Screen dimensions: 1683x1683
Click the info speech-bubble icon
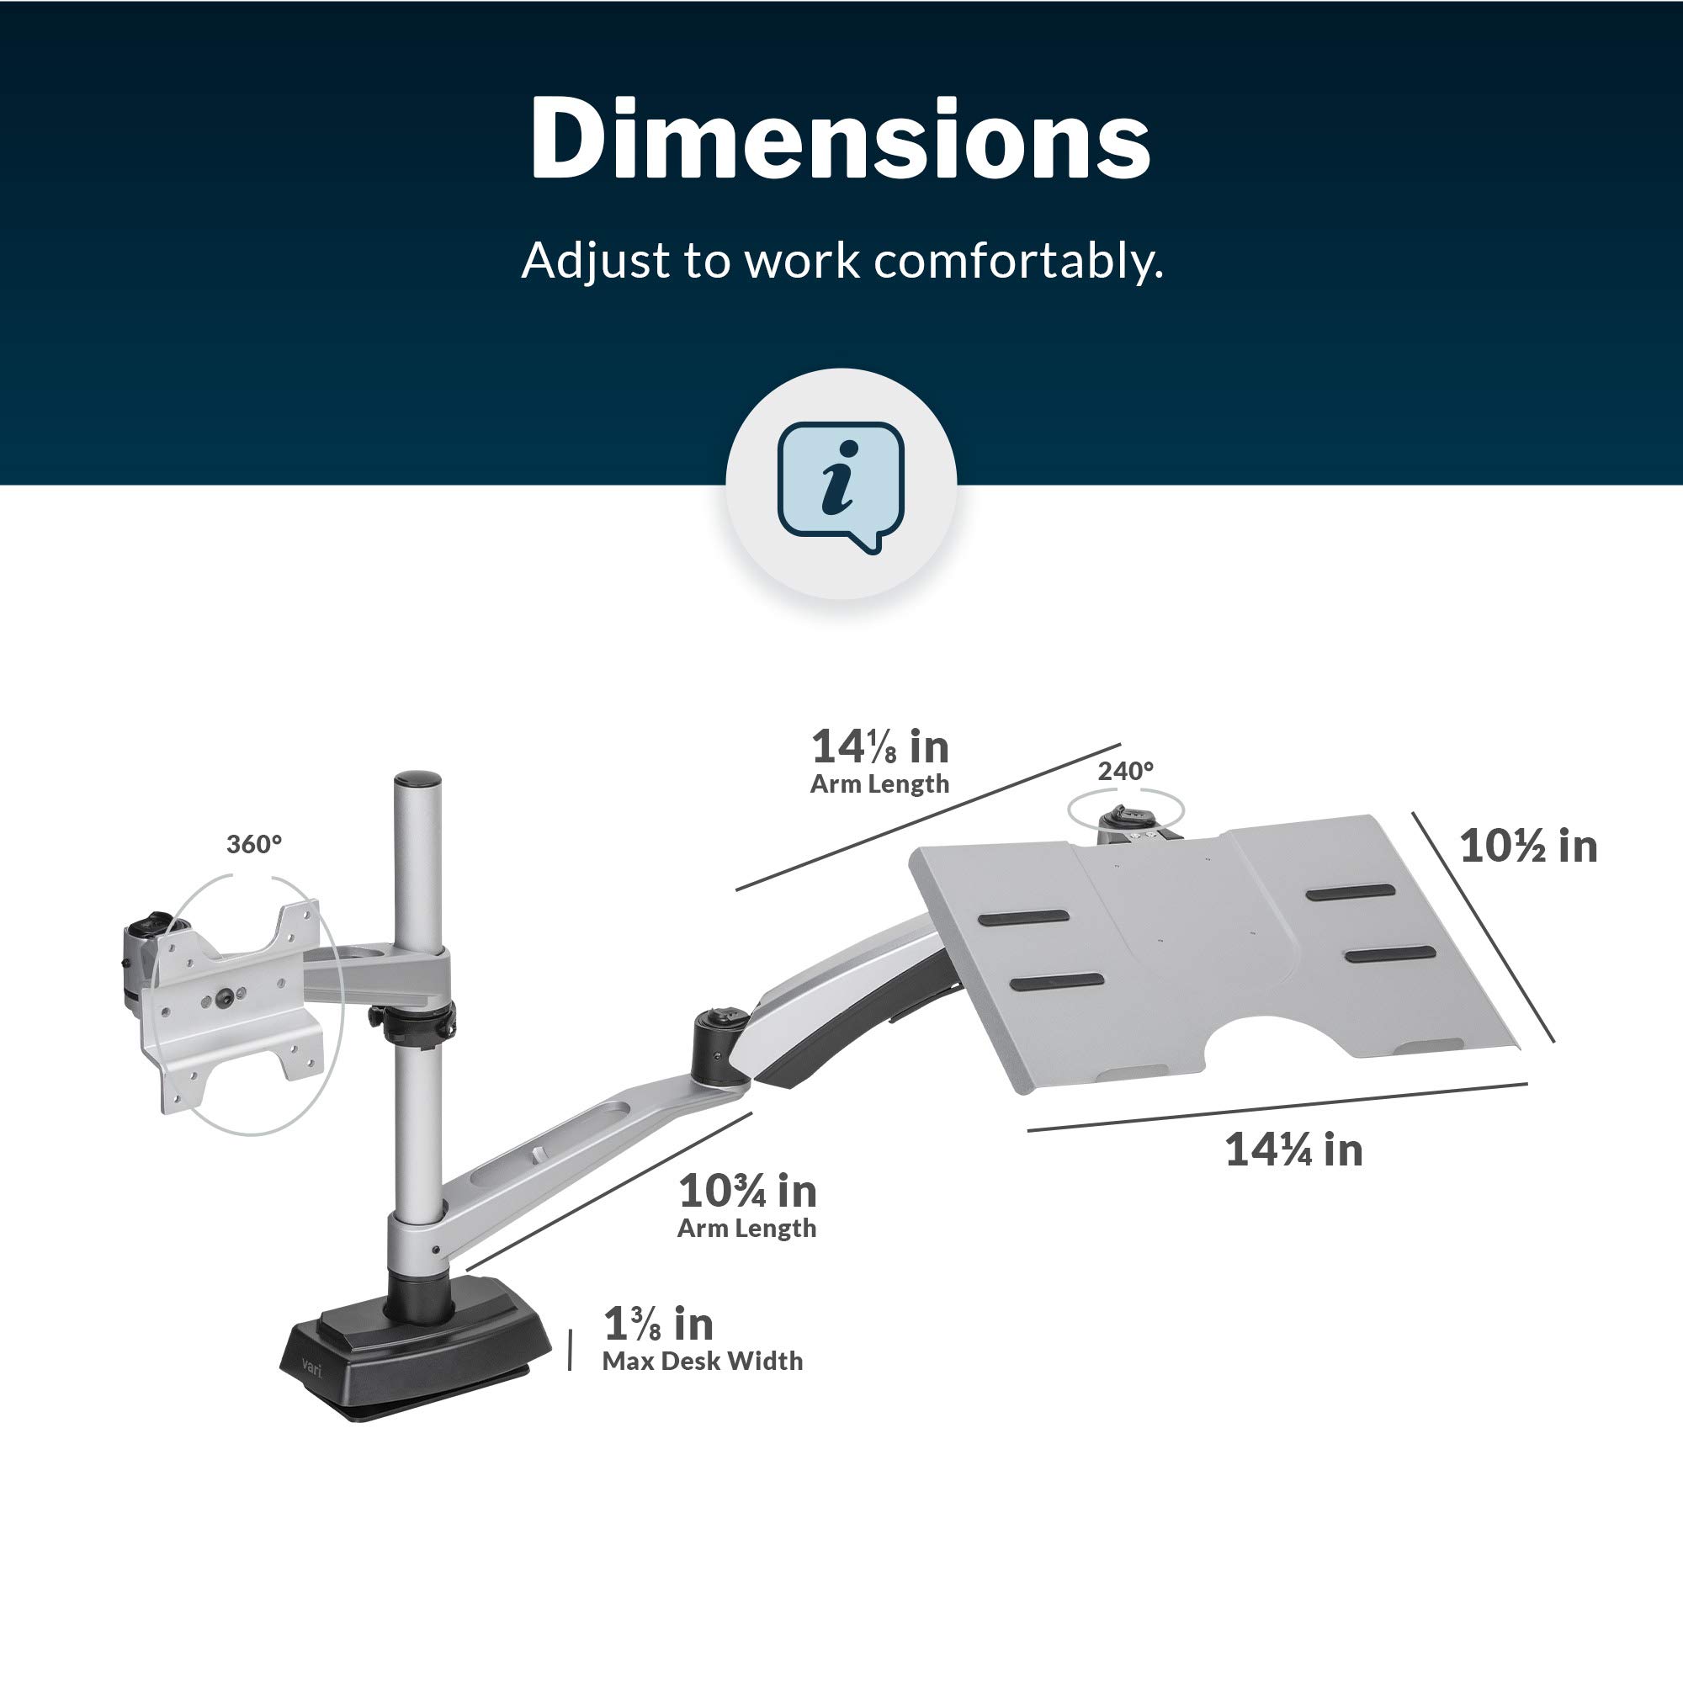click(x=841, y=486)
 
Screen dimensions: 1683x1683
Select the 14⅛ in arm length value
click(x=880, y=746)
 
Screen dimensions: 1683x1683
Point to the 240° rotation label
click(x=1125, y=771)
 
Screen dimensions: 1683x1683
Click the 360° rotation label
click(x=254, y=844)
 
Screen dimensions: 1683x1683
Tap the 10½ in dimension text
click(x=1528, y=847)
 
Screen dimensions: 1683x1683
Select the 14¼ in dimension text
click(x=1293, y=1149)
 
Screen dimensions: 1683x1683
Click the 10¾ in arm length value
click(x=747, y=1191)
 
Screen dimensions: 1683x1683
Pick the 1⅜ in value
click(x=659, y=1325)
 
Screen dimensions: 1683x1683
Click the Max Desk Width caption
click(x=702, y=1361)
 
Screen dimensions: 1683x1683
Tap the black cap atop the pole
click(x=417, y=778)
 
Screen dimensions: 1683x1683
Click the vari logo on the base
click(x=312, y=1366)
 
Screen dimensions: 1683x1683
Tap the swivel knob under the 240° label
click(x=1128, y=819)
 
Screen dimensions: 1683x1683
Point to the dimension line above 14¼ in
click(x=1277, y=1107)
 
